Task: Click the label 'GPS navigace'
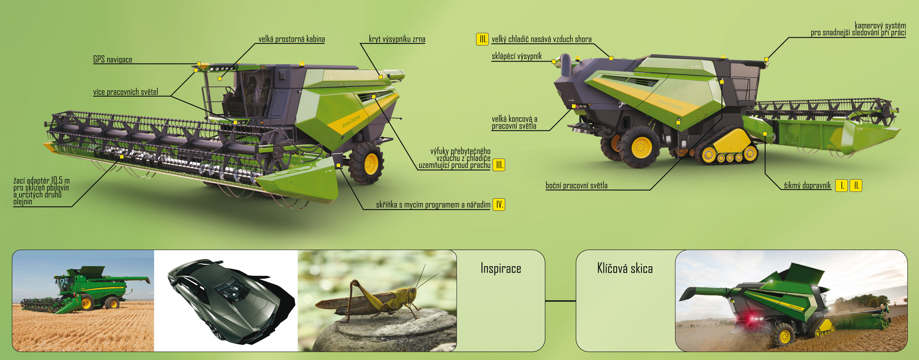tap(113, 60)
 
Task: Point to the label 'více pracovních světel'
tap(126, 92)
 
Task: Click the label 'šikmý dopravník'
tap(807, 186)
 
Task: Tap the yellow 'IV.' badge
tap(499, 204)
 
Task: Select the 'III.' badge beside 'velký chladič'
tap(482, 39)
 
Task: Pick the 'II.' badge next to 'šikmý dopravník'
tap(856, 186)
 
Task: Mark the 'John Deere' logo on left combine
tap(351, 121)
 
